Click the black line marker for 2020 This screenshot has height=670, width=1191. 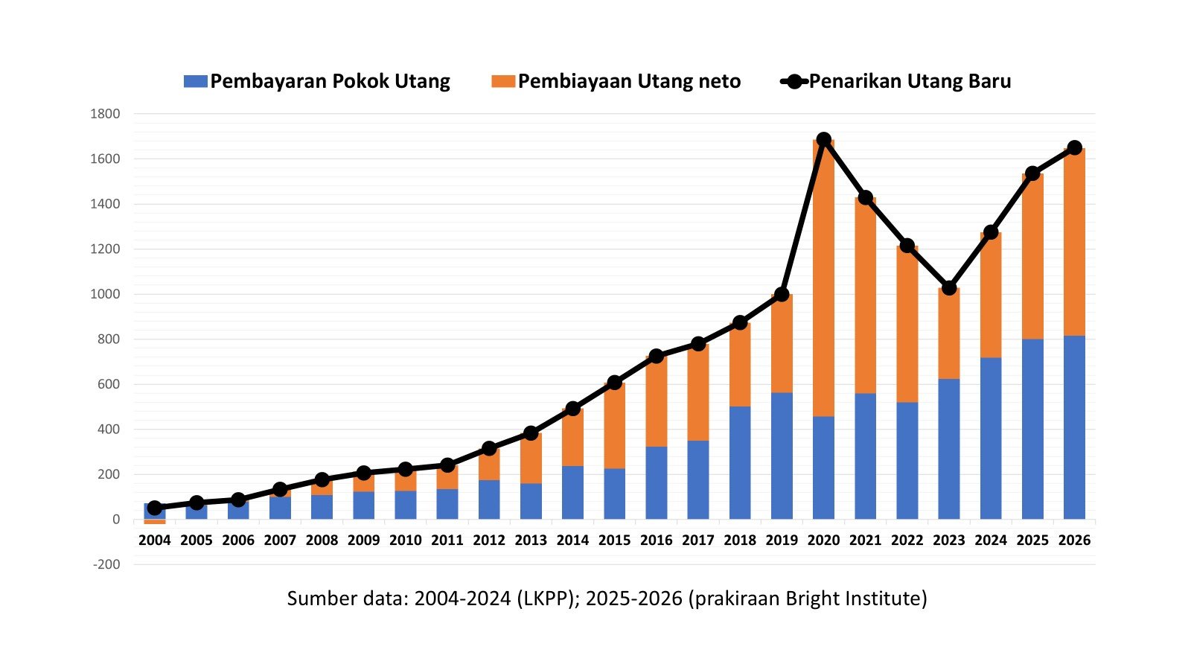(823, 140)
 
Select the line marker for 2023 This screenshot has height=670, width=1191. (949, 287)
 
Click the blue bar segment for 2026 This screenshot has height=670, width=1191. (1074, 428)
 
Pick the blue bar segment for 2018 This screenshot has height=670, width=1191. (740, 463)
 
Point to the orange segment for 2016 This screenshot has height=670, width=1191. (656, 402)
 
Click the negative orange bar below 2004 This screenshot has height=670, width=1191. (155, 522)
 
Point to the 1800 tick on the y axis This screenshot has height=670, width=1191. (105, 114)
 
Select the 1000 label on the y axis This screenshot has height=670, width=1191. (105, 294)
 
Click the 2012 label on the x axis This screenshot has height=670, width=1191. (489, 540)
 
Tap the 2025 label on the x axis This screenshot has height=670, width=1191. (1032, 540)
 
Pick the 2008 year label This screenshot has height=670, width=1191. (322, 540)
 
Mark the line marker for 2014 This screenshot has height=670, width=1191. (572, 409)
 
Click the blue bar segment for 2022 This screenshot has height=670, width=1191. (907, 462)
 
